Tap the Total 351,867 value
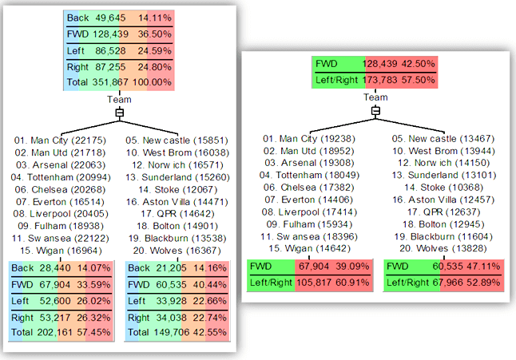109,83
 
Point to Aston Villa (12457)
434,196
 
